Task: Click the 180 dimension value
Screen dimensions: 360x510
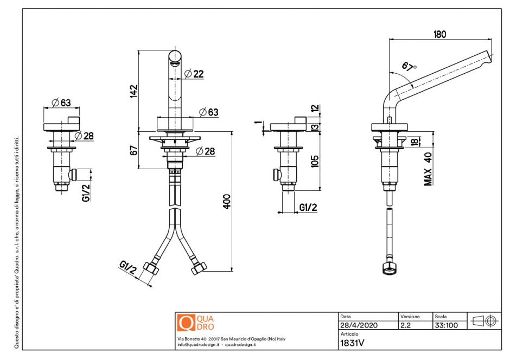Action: point(439,35)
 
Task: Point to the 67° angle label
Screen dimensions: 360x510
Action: point(409,66)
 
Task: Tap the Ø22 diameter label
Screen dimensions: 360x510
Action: point(194,74)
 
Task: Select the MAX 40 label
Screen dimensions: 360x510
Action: point(428,169)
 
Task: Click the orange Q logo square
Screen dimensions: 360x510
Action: point(186,323)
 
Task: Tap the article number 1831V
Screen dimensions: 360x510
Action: point(352,343)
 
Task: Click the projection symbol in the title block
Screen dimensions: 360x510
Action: point(484,321)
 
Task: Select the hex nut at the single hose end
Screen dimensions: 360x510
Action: point(388,268)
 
